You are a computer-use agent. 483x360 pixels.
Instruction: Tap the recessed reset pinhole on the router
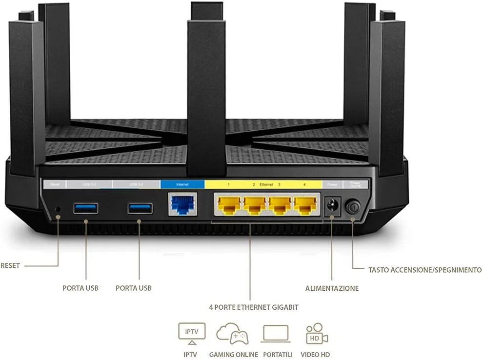coord(58,208)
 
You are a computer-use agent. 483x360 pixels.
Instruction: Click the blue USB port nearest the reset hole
coord(86,208)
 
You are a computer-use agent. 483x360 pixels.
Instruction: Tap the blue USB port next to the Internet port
coord(140,208)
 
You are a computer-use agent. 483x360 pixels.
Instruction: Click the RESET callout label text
coord(10,266)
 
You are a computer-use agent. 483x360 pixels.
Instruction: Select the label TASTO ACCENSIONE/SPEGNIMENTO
coord(425,270)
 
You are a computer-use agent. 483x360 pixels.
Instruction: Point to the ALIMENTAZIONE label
coord(332,288)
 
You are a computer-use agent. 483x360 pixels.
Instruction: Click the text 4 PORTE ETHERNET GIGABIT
coord(253,307)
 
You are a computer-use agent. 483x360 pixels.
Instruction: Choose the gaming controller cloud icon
coord(232,333)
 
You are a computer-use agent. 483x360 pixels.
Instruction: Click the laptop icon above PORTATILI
coord(276,334)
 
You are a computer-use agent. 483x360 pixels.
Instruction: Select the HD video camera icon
coord(317,334)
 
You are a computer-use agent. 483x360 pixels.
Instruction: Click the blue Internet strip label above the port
coord(182,185)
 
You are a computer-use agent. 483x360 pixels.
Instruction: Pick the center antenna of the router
coord(206,88)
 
